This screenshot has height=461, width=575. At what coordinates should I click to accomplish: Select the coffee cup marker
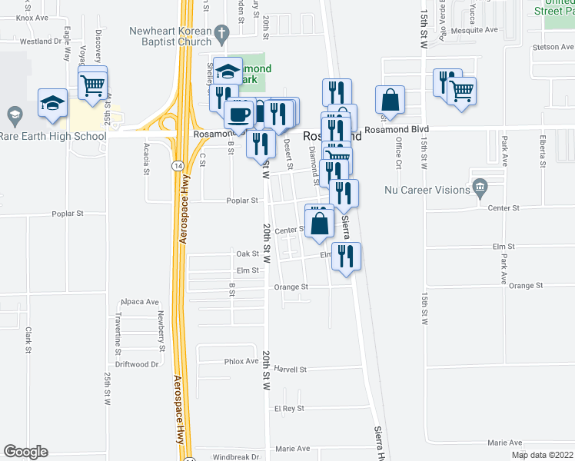pos(238,114)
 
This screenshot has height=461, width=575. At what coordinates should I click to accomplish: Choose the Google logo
pos(25,452)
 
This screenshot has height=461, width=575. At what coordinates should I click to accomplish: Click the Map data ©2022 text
pos(543,455)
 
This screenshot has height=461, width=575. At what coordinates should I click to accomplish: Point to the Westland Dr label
pos(40,41)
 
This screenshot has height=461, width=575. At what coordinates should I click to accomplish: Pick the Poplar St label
pos(243,201)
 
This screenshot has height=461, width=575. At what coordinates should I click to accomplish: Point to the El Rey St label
pos(290,409)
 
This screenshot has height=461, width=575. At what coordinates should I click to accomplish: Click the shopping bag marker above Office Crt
pos(391,100)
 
